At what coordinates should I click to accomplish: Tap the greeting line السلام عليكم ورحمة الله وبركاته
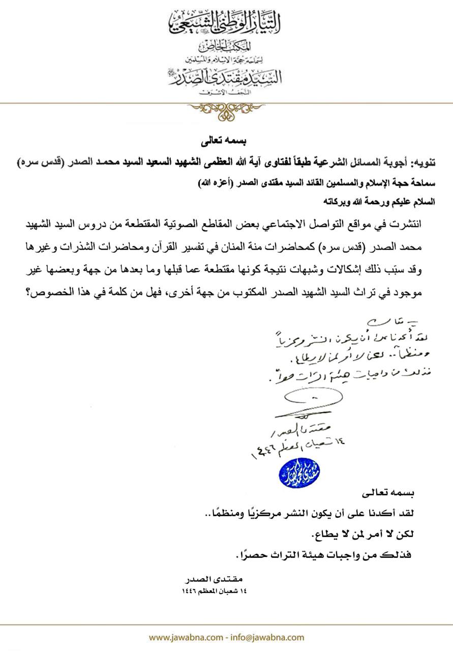390,201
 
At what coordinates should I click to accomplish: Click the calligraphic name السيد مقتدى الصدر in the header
226,76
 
